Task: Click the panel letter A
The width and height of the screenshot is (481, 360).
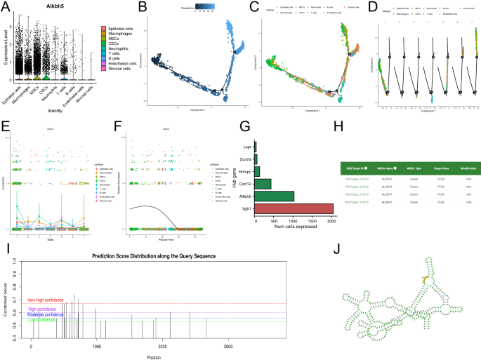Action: (x=6, y=6)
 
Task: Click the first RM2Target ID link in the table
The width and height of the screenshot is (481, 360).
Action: (x=355, y=180)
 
